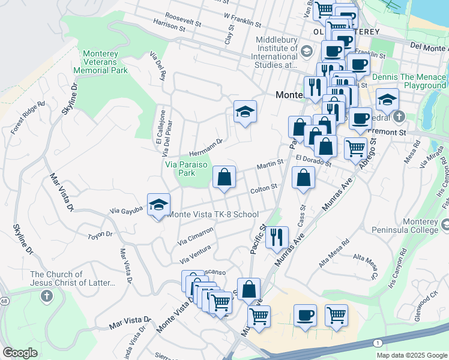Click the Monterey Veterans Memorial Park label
[100, 62]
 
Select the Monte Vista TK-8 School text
[214, 214]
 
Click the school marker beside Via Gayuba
[158, 205]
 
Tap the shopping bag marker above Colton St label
[224, 178]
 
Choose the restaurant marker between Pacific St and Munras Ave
[277, 238]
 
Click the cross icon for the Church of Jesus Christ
[47, 296]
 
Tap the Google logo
[20, 353]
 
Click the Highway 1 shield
[377, 342]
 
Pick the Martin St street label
[270, 164]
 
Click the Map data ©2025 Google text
[412, 355]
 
